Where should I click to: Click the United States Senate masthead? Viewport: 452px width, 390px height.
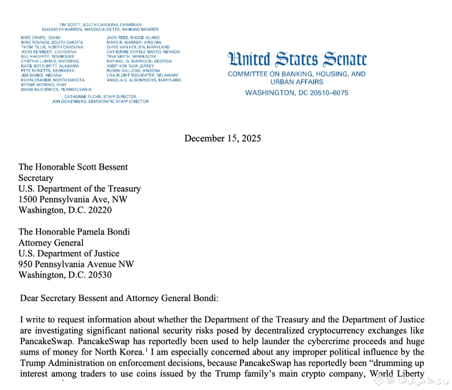point(297,60)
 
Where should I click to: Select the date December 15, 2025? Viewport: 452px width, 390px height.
point(222,138)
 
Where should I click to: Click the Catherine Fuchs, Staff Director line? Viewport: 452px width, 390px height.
point(100,97)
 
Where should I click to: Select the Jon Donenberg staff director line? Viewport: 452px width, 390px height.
point(103,101)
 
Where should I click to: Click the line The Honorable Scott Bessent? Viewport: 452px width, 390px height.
point(73,167)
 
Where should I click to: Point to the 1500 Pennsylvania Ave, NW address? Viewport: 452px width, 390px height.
point(73,199)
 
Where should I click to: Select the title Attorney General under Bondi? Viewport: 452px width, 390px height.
point(51,243)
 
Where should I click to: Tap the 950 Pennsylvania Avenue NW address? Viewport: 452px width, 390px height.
point(76,264)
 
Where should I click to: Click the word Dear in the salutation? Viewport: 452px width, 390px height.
point(28,298)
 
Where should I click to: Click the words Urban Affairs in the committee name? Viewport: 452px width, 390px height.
point(297,82)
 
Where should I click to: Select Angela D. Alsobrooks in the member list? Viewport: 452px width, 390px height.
point(144,80)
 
